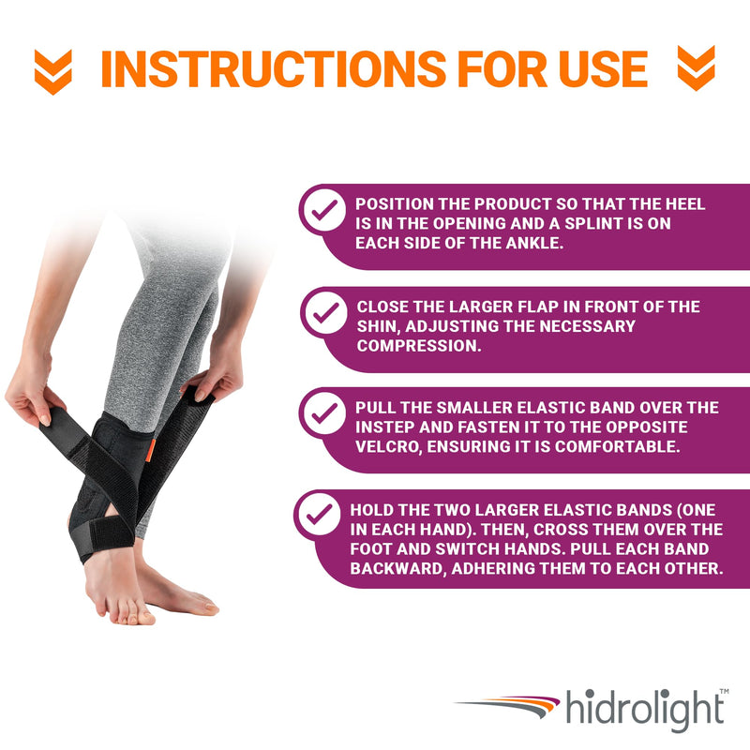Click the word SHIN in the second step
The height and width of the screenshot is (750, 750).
pos(379,326)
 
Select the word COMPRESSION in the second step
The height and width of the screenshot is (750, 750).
pos(418,345)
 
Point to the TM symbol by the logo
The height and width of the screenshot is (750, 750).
pos(723,691)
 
